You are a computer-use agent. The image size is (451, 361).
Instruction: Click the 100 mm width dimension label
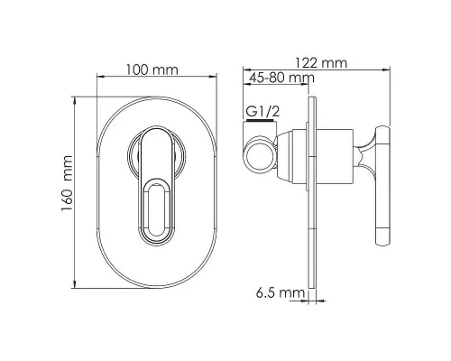[152, 70]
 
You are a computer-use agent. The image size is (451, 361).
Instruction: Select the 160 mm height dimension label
[67, 183]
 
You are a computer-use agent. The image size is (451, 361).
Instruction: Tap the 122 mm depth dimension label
[321, 63]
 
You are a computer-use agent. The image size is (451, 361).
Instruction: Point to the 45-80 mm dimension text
[282, 78]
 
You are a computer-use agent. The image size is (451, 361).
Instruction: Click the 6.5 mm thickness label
[281, 292]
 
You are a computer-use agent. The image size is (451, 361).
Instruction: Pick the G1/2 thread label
[262, 112]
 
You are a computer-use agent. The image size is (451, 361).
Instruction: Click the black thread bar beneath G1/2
[260, 121]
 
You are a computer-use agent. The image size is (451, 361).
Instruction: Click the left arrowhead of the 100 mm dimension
[101, 77]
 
